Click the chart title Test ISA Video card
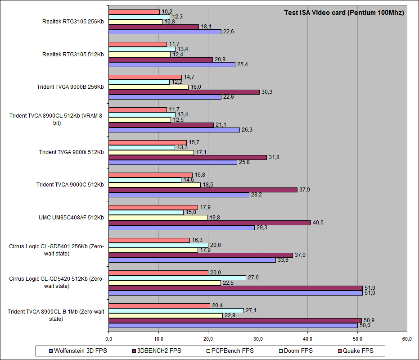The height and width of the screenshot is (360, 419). pos(344,13)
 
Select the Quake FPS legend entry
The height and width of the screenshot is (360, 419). pos(358,351)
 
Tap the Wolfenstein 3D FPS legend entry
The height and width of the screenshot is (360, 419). pos(77,351)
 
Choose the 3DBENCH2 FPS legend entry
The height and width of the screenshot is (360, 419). pos(158,351)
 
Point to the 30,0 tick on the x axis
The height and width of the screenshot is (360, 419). pos(258,338)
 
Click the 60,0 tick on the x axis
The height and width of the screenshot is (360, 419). pos(407,338)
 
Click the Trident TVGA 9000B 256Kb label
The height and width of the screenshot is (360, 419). pos(71,87)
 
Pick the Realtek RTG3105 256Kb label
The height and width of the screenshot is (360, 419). pos(72,22)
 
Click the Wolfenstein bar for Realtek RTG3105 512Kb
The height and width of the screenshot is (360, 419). pos(172,64)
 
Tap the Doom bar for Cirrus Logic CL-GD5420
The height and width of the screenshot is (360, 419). pos(177,278)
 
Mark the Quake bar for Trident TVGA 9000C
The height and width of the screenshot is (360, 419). pos(150,175)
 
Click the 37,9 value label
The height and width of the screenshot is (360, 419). pos(305,190)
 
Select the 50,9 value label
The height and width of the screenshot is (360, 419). pos(369,320)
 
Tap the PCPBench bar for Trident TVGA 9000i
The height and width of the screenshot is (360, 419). pos(151,152)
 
